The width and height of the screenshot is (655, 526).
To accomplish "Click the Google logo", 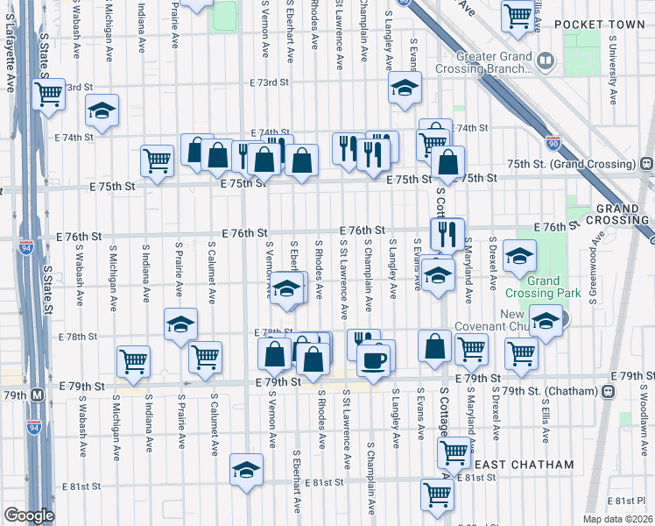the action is [28, 515].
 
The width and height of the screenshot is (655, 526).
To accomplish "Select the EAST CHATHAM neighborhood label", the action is [522, 465].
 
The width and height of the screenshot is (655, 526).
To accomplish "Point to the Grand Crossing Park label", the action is [555, 287].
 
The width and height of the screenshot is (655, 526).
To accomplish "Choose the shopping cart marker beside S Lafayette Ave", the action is [48, 93].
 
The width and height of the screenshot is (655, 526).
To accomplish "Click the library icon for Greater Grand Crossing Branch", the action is [546, 60].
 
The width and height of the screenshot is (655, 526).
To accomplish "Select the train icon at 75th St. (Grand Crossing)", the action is [646, 163].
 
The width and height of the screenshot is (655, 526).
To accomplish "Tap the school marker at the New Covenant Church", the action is [546, 320].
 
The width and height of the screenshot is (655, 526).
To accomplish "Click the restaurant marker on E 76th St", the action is [447, 234].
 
